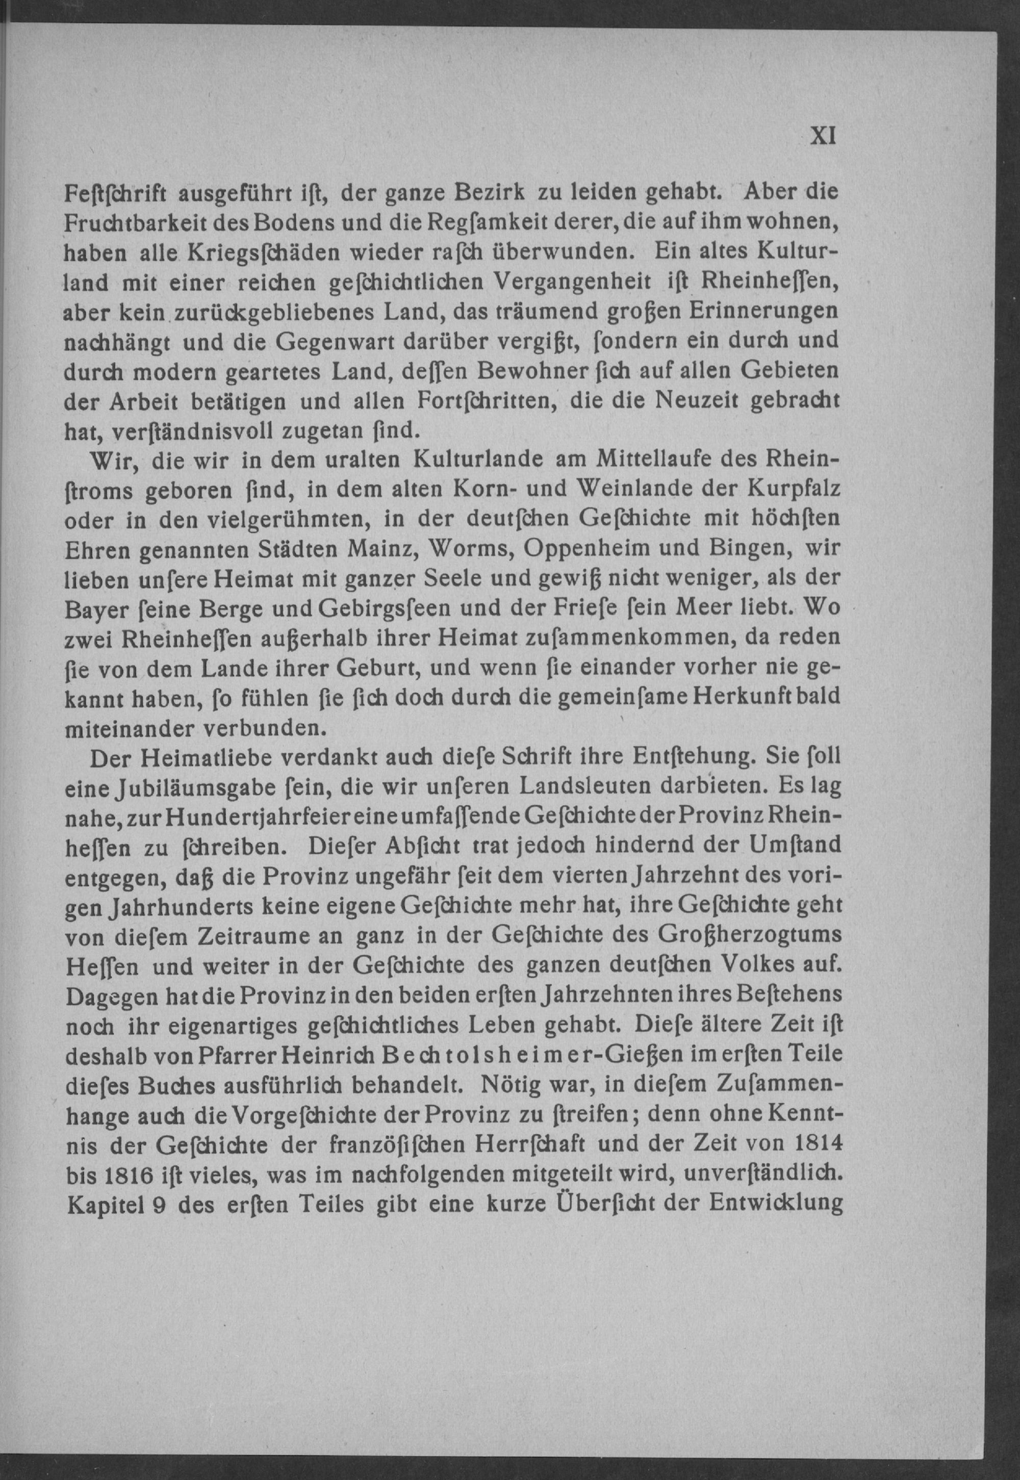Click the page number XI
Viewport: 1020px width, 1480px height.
click(823, 136)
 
